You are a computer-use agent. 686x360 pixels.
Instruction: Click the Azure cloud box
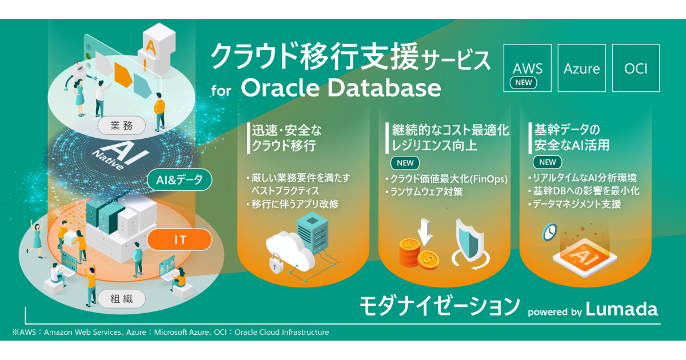pyautogui.click(x=581, y=68)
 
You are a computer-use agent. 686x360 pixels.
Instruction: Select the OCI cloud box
pyautogui.click(x=636, y=68)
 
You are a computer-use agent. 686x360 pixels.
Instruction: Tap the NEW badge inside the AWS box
pyautogui.click(x=524, y=83)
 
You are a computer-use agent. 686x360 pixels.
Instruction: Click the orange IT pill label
pyautogui.click(x=180, y=239)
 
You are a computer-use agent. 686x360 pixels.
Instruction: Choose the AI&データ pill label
pyautogui.click(x=180, y=179)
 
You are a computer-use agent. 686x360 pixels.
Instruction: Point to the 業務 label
pyautogui.click(x=122, y=126)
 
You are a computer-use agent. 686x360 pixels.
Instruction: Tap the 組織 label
pyautogui.click(x=122, y=298)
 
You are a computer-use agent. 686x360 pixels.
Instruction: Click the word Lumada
pyautogui.click(x=622, y=309)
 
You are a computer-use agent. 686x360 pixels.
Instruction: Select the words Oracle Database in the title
pyautogui.click(x=341, y=88)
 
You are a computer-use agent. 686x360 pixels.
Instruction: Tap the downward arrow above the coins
pyautogui.click(x=425, y=233)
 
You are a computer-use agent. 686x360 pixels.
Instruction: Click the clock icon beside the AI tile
pyautogui.click(x=550, y=232)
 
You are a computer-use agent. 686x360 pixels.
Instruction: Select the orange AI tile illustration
pyautogui.click(x=585, y=257)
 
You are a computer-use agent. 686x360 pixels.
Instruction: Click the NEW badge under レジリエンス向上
pyautogui.click(x=405, y=163)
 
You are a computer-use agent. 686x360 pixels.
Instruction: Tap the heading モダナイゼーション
pyautogui.click(x=440, y=306)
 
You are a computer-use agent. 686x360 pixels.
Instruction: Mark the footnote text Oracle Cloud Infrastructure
pyautogui.click(x=281, y=332)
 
